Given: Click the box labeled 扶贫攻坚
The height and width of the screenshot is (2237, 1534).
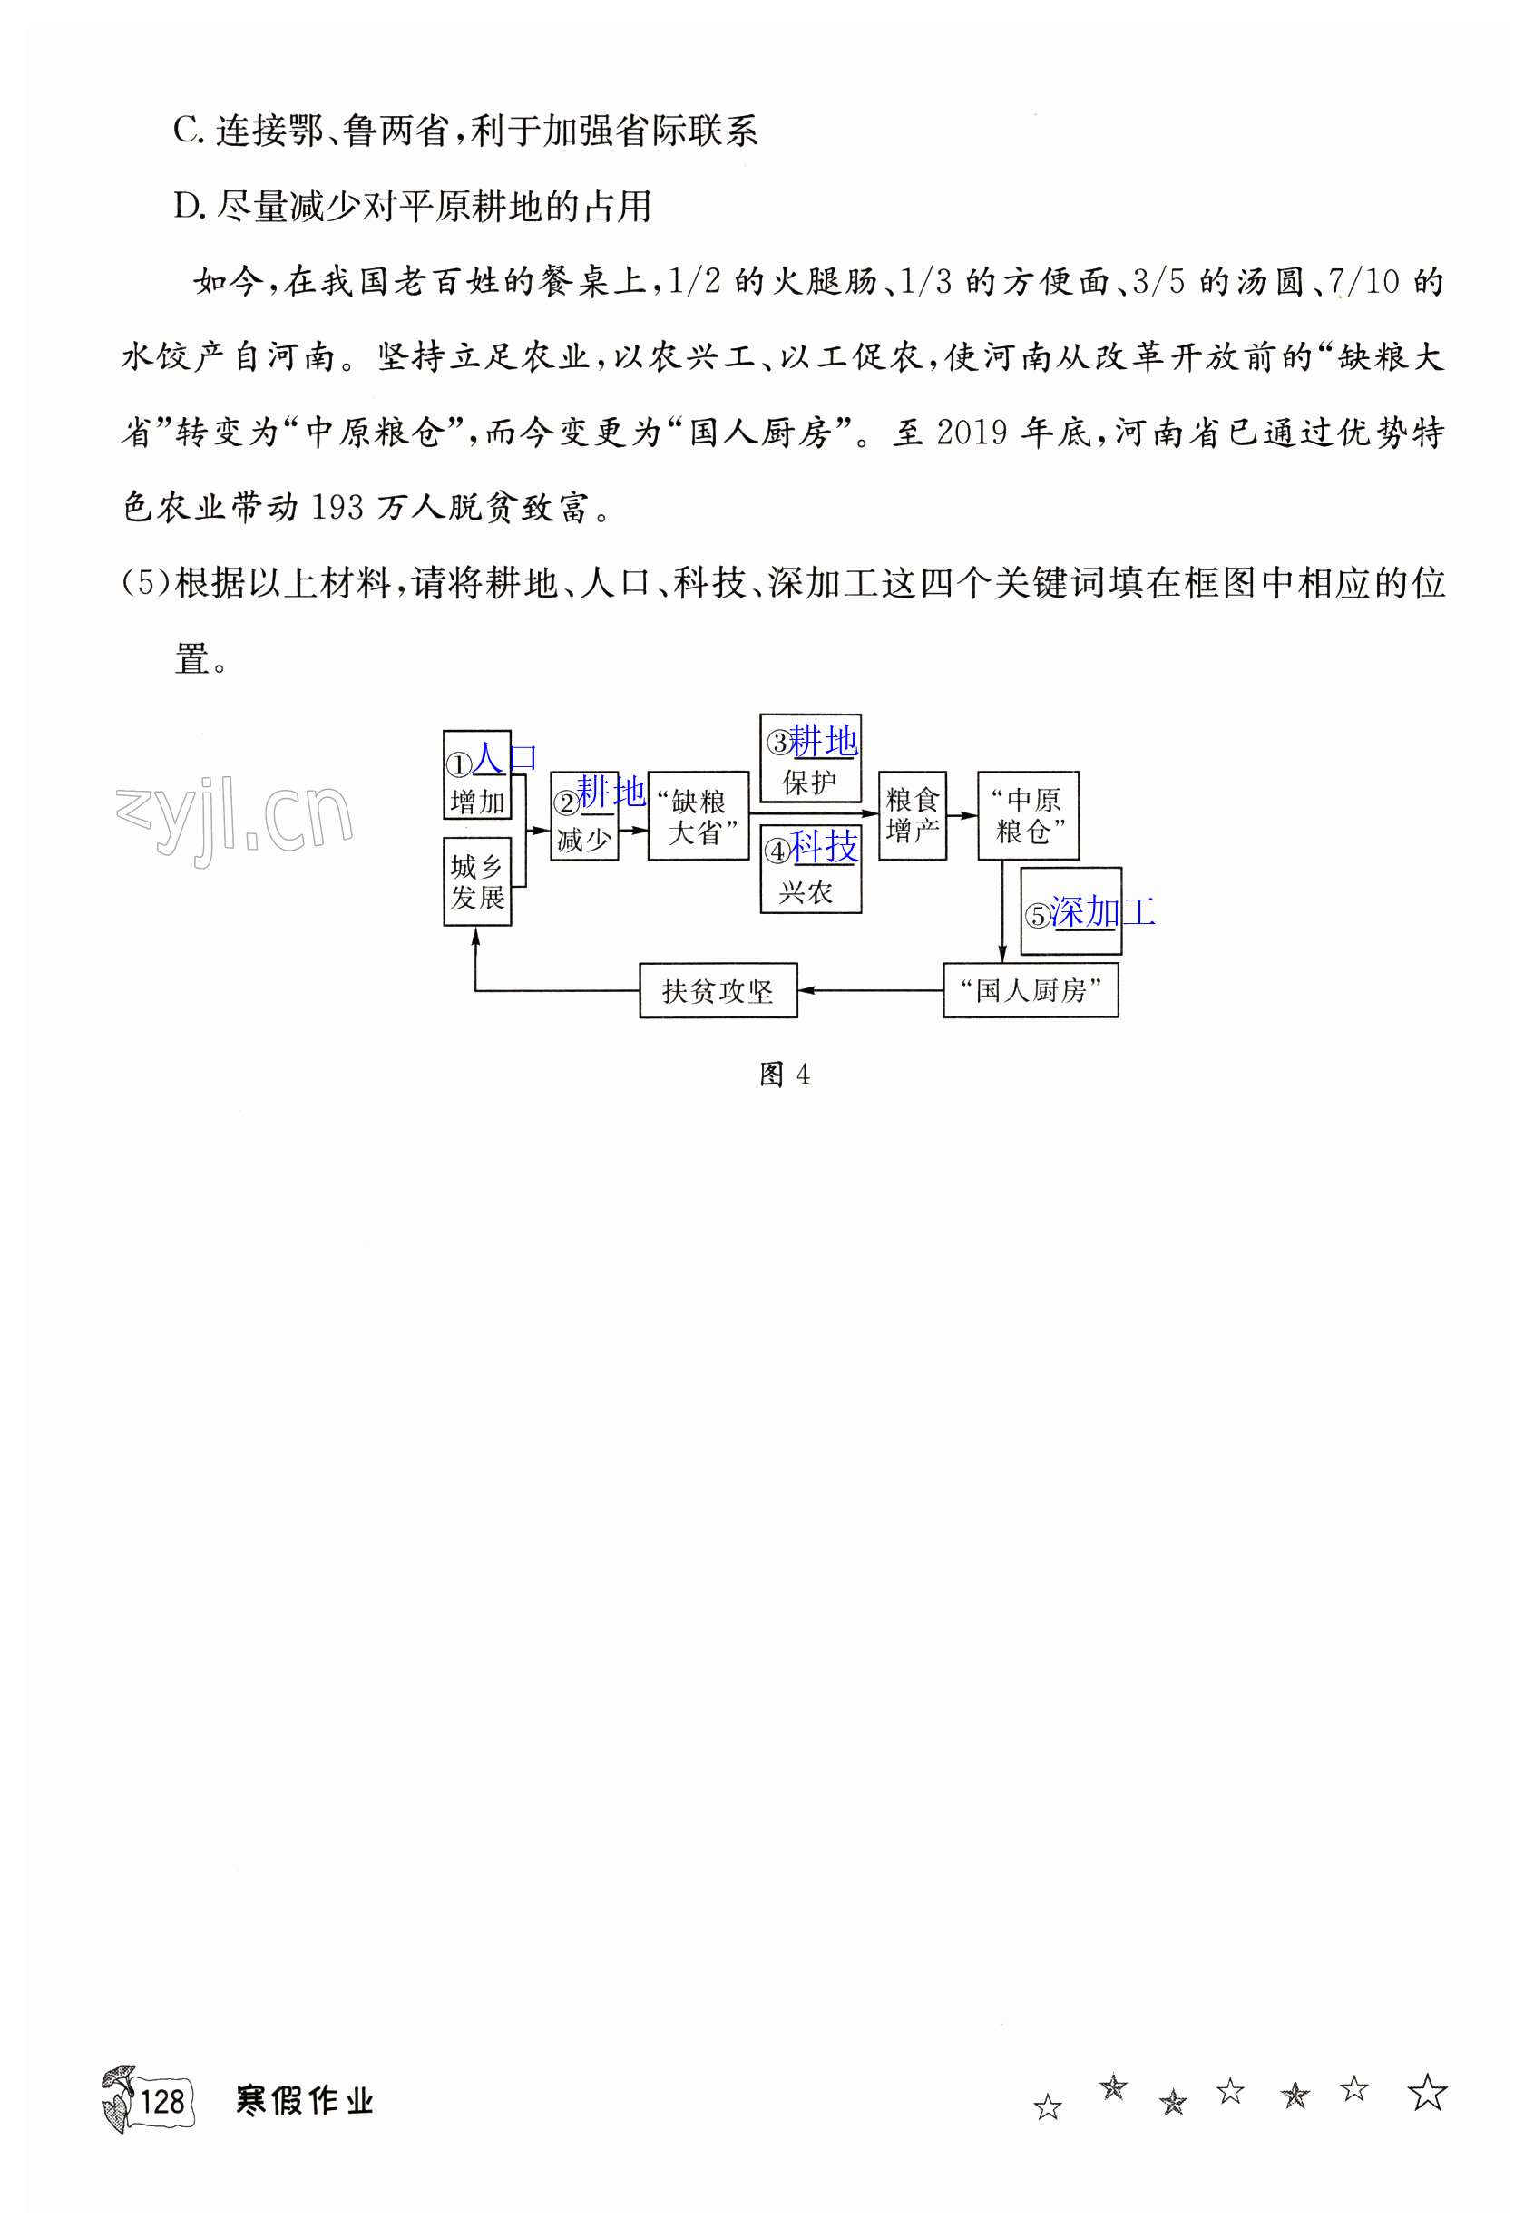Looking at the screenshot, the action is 718,990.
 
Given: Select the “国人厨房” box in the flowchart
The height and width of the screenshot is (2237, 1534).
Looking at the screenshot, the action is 1031,990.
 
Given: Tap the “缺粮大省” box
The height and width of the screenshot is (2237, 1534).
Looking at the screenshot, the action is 699,816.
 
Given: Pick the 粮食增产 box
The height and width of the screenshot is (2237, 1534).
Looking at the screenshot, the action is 912,815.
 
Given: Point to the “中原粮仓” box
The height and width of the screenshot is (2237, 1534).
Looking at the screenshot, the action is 1028,815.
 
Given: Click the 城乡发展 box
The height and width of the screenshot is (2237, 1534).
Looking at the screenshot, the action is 476,881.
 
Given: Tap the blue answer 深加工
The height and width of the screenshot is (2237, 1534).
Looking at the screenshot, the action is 1101,910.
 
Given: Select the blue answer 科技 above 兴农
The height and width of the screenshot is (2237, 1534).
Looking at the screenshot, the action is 824,847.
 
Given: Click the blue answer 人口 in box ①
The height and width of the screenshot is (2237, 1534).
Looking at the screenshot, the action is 504,757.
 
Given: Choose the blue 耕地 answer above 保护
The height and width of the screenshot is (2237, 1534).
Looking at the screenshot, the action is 824,741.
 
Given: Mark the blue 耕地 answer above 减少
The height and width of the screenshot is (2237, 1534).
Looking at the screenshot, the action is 611,792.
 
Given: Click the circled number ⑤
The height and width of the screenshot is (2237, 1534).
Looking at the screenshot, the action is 1037,916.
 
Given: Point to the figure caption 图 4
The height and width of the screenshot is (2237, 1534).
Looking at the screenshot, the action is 784,1075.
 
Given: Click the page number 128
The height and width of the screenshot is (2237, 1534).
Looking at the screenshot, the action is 161,2100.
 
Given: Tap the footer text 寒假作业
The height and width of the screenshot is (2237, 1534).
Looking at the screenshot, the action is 304,2100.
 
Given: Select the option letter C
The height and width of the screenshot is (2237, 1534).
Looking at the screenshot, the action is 186,131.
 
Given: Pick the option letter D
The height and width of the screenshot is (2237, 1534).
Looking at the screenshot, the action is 186,206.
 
